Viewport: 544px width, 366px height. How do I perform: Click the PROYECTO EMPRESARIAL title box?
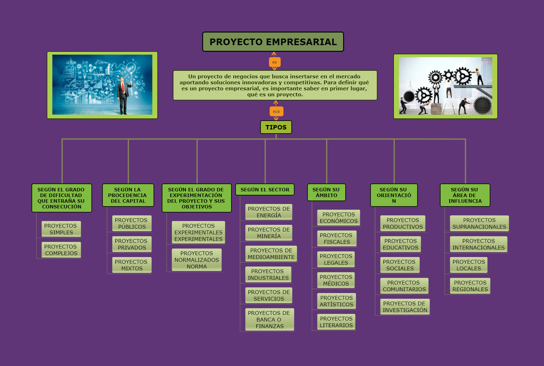(273, 42)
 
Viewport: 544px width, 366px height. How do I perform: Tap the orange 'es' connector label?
(274, 62)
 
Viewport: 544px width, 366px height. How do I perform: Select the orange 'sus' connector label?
(276, 111)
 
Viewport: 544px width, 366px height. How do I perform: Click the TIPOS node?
(276, 127)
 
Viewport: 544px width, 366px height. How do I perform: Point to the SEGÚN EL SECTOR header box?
(265, 190)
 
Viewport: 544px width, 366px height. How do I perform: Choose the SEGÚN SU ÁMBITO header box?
(326, 192)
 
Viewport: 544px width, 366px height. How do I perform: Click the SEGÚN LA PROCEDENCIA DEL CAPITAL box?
(128, 195)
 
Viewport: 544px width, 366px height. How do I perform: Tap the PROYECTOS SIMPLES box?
(61, 229)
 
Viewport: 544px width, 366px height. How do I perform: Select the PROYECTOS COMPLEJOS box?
(61, 250)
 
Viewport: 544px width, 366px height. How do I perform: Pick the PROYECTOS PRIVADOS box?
(132, 244)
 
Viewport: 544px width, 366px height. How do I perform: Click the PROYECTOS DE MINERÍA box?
(269, 233)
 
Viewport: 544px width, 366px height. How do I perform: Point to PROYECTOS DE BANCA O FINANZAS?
(269, 319)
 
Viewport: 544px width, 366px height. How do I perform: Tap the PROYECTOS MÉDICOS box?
(336, 280)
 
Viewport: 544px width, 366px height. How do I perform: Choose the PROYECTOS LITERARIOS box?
(336, 322)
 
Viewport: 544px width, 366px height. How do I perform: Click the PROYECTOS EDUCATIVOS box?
(401, 244)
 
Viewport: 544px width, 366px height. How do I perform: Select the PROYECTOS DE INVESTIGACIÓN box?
(405, 307)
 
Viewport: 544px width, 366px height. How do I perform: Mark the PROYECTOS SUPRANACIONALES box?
(479, 223)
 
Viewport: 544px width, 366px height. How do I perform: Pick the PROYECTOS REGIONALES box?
(470, 286)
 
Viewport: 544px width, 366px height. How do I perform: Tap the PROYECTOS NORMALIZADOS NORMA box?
(197, 260)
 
